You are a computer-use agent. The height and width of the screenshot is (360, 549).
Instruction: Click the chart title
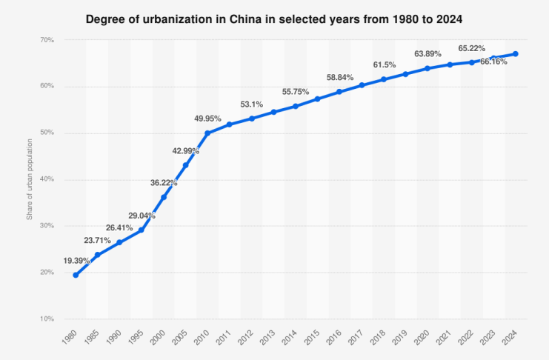274,17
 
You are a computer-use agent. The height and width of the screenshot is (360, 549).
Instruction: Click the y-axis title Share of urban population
30,180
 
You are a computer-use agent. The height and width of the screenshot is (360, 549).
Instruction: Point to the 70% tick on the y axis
45,40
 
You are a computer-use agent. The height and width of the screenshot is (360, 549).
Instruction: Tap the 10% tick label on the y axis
45,319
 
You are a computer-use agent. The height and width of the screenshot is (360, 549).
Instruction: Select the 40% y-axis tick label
45,179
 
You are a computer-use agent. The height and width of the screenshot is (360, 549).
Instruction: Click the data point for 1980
76,275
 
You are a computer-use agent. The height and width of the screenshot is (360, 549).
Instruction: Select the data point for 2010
207,133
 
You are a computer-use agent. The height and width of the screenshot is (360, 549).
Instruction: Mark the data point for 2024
516,54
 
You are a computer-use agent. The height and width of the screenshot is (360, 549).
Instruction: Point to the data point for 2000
164,197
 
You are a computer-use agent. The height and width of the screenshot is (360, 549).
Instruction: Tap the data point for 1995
142,230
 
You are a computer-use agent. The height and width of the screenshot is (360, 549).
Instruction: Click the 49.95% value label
207,119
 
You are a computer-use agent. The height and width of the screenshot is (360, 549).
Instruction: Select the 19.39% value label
77,261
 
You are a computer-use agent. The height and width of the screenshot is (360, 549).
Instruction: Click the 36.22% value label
164,182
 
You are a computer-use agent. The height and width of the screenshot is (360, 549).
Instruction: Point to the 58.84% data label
339,77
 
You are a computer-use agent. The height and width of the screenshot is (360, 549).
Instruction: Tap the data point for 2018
383,79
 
